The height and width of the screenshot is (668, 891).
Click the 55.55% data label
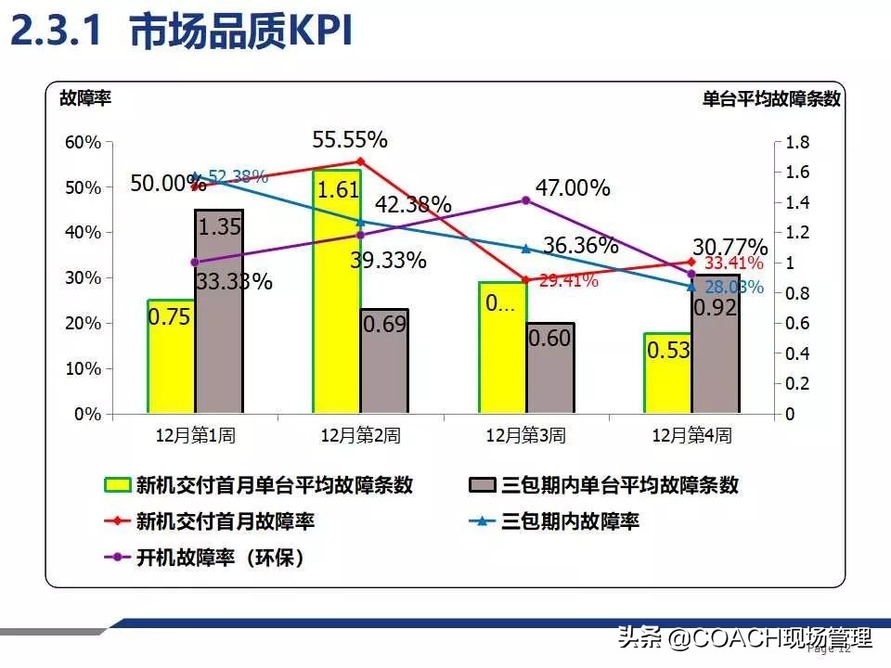[x=350, y=140]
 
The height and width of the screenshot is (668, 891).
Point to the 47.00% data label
[x=573, y=188]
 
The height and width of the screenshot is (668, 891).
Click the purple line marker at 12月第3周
[x=526, y=199]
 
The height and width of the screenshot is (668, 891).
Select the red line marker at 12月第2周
[x=360, y=161]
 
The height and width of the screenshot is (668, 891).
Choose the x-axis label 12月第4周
[x=691, y=435]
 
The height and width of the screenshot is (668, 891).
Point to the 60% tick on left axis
[x=82, y=142]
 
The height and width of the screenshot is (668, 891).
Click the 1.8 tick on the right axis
[x=797, y=142]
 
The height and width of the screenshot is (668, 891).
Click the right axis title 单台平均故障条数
[x=771, y=99]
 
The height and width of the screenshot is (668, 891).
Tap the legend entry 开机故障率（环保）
[x=221, y=558]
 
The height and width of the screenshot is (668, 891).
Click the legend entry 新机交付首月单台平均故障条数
[x=274, y=484]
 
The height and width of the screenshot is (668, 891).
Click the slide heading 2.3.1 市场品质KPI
[x=183, y=32]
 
